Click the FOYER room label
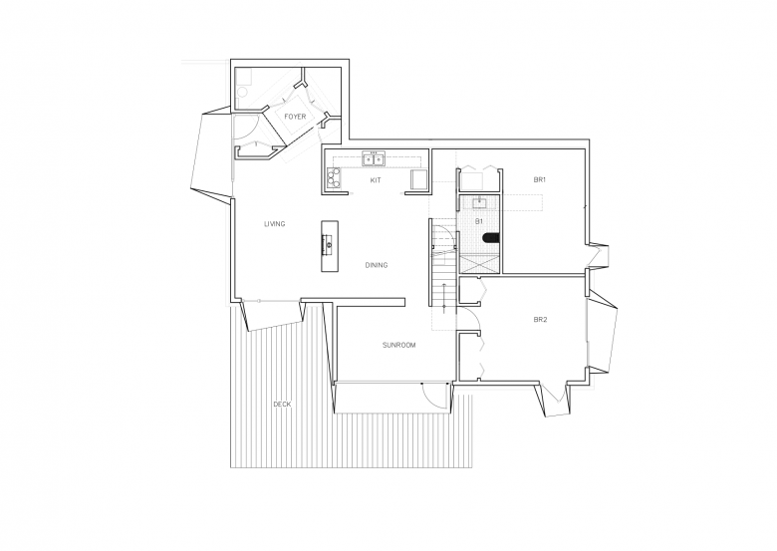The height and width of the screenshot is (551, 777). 295,117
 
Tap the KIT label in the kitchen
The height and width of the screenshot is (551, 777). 376,180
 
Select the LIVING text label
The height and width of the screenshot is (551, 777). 275,224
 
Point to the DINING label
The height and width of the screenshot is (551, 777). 377,265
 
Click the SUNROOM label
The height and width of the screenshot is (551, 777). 398,345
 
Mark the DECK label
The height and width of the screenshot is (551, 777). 282,405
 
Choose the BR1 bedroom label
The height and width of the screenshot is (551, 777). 540,180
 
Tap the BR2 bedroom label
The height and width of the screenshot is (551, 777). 540,320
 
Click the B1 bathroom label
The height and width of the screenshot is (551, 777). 479,221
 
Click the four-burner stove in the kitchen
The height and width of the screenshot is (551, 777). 334,178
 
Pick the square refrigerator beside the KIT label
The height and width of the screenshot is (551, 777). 419,179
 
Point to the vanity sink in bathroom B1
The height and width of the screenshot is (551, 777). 479,202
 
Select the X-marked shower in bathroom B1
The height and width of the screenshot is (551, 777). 480,264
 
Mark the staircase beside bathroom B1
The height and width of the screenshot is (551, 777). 443,268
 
